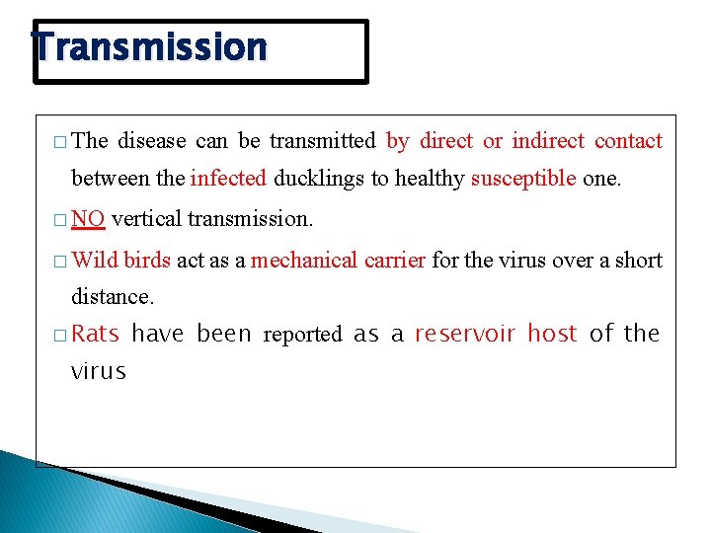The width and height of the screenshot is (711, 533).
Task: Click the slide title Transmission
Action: [149, 47]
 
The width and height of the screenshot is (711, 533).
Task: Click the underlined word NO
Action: [89, 219]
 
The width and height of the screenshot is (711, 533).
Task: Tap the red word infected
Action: [228, 179]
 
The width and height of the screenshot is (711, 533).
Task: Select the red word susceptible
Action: [523, 179]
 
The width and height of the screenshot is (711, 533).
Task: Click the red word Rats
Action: [95, 334]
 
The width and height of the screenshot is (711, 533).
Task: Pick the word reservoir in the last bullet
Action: [465, 334]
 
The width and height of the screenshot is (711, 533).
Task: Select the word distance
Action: [112, 296]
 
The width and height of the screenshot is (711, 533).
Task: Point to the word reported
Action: [302, 336]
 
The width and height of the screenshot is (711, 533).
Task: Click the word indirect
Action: [548, 141]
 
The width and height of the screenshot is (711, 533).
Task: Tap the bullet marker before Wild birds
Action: [61, 262]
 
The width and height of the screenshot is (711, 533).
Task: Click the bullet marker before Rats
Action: [61, 336]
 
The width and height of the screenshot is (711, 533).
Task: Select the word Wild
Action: [95, 261]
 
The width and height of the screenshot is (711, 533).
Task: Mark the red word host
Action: [552, 334]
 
